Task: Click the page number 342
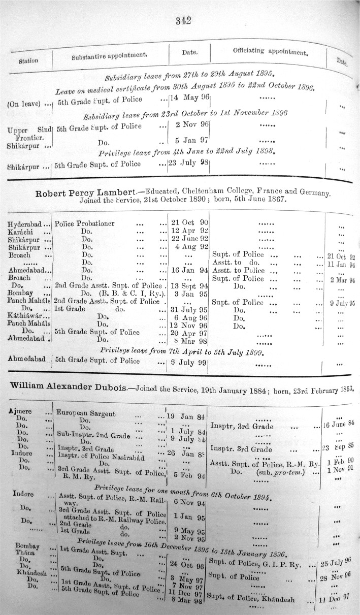point(182,21)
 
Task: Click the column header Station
point(28,61)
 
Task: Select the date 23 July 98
point(188,164)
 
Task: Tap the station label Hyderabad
point(26,223)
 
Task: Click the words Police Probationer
point(84,223)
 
